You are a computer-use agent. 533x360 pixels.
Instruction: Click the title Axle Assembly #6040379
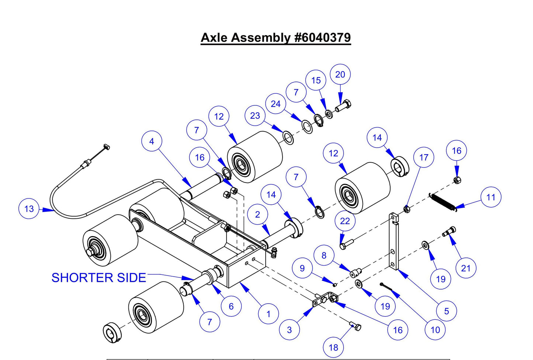pos(276,38)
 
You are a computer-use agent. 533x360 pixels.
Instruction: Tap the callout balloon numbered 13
pos(29,209)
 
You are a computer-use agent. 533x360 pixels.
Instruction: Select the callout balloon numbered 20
pos(340,75)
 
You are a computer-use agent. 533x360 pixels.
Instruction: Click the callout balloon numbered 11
pos(491,197)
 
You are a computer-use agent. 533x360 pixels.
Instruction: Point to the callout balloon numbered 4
pos(152,141)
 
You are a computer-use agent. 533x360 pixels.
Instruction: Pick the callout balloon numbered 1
pos(268,314)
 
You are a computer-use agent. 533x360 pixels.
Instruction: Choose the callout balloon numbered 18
pos(333,347)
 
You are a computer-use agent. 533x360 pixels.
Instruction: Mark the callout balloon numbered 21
pos(465,268)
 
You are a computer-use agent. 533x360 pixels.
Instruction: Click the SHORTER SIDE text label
pos(98,277)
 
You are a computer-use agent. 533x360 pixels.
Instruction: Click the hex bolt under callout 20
pos(343,105)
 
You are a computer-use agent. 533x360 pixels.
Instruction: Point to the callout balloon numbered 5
pos(446,311)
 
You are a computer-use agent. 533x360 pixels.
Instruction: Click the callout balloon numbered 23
pos(255,116)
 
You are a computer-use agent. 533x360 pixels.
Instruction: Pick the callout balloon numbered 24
pos(276,104)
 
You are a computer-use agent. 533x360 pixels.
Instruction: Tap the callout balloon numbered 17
pos(423,157)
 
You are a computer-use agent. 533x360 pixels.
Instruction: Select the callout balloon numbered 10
pos(435,330)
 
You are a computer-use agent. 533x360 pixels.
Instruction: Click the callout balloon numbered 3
pos(289,330)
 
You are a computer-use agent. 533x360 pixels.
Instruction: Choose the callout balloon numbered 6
pos(231,306)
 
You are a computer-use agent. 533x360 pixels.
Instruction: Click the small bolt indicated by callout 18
pos(356,326)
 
